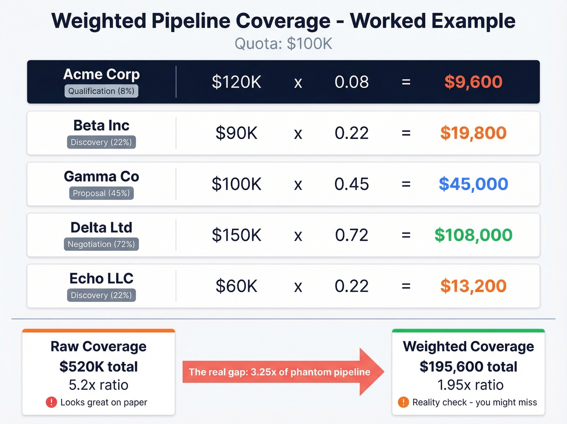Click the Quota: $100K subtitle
point(283,44)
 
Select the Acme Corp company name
point(101,74)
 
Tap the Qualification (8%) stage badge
point(101,91)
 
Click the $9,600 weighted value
point(473,82)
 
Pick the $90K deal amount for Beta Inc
point(237,133)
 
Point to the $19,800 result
point(473,133)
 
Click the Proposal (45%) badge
point(101,193)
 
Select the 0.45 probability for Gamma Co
point(352,184)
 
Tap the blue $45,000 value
point(473,184)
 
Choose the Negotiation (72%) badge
point(101,244)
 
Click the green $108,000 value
point(473,235)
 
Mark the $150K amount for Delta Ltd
point(237,235)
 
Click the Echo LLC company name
point(101,279)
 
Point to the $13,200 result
point(473,286)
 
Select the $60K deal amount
point(237,286)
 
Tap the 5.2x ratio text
point(98,385)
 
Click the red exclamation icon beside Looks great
point(51,402)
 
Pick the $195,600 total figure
point(468,366)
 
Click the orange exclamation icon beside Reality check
point(403,402)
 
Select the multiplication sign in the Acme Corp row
point(298,83)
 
